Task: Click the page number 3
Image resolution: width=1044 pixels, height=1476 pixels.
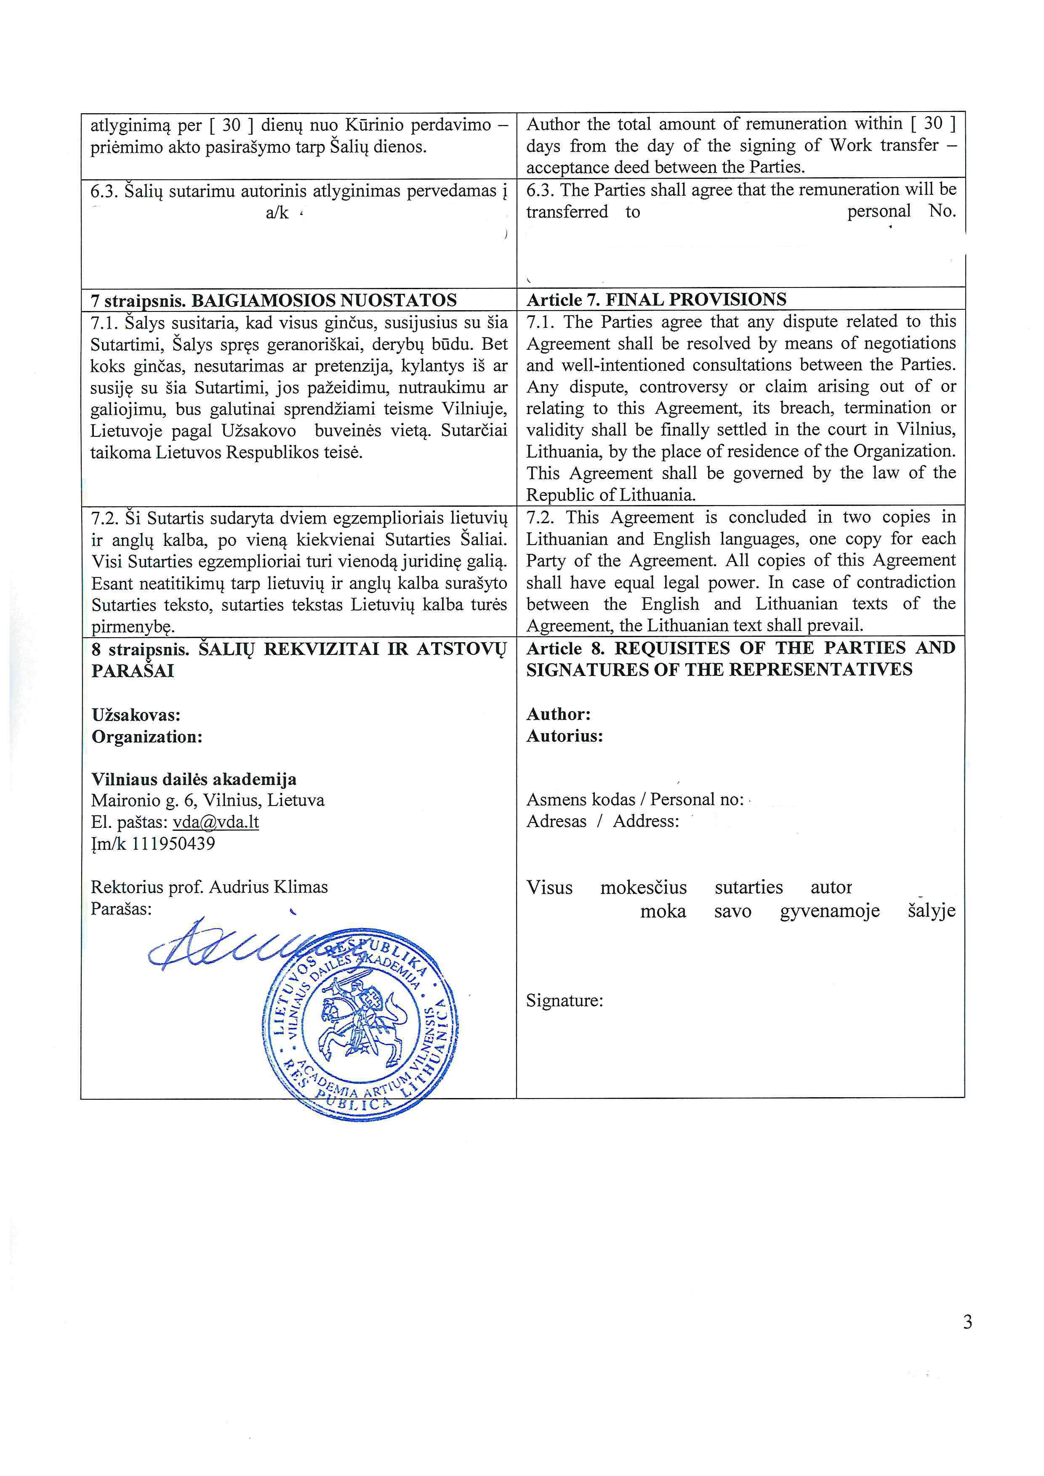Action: [967, 1322]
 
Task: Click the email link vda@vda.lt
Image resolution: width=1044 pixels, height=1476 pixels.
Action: [216, 822]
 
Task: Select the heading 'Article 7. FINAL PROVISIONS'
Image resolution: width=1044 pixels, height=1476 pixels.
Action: [656, 300]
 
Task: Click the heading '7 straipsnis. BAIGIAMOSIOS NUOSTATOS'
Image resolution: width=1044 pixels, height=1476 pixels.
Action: [274, 300]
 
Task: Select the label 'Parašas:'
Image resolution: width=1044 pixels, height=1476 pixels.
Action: [122, 909]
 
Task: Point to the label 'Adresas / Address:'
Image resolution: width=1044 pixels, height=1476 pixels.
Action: [602, 822]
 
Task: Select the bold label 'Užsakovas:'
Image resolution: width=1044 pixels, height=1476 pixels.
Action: [136, 715]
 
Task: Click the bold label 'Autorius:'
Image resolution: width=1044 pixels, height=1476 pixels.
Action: [565, 736]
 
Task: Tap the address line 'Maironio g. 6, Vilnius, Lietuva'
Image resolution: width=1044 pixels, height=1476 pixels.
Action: [208, 800]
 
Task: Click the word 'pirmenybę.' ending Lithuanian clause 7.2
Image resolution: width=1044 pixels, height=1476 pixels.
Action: [133, 627]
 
